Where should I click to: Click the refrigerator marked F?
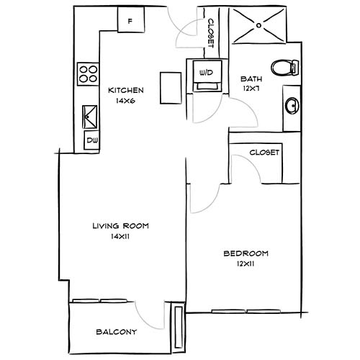click(x=130, y=19)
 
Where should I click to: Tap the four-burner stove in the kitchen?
click(x=88, y=73)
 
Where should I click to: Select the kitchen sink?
click(x=91, y=115)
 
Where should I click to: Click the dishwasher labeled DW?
click(x=92, y=140)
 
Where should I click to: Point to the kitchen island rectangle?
click(x=170, y=88)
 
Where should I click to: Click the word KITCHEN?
click(x=126, y=91)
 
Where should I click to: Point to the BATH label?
click(x=251, y=79)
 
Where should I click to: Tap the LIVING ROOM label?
click(x=120, y=226)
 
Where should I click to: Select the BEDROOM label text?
click(x=246, y=253)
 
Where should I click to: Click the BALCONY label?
click(x=116, y=333)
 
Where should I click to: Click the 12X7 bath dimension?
click(x=251, y=89)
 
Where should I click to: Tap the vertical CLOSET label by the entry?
click(x=210, y=32)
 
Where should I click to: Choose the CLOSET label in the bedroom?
click(x=264, y=153)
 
